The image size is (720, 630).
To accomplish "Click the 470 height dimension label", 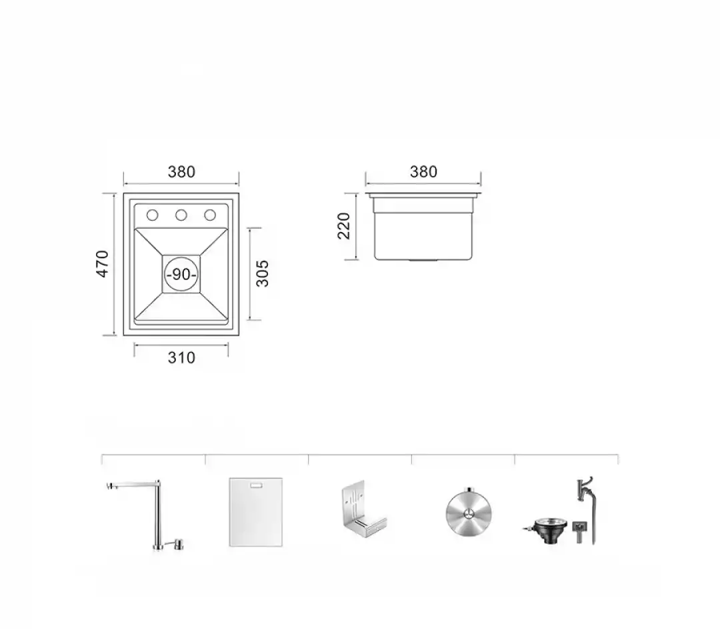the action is pyautogui.click(x=102, y=263).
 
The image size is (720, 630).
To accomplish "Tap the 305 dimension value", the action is pyautogui.click(x=262, y=274).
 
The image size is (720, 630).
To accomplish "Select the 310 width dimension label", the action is pyautogui.click(x=181, y=357).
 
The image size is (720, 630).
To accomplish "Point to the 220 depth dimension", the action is pyautogui.click(x=343, y=226).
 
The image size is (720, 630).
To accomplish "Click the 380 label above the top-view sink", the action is pyautogui.click(x=181, y=172).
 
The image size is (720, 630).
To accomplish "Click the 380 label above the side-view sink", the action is pyautogui.click(x=423, y=172).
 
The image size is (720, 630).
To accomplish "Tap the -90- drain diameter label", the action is pyautogui.click(x=181, y=274).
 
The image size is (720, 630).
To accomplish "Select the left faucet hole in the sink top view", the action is pyautogui.click(x=152, y=215).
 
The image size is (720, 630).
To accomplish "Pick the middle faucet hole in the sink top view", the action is pyautogui.click(x=181, y=215).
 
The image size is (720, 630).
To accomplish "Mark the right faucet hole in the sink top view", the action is pyautogui.click(x=210, y=215).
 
